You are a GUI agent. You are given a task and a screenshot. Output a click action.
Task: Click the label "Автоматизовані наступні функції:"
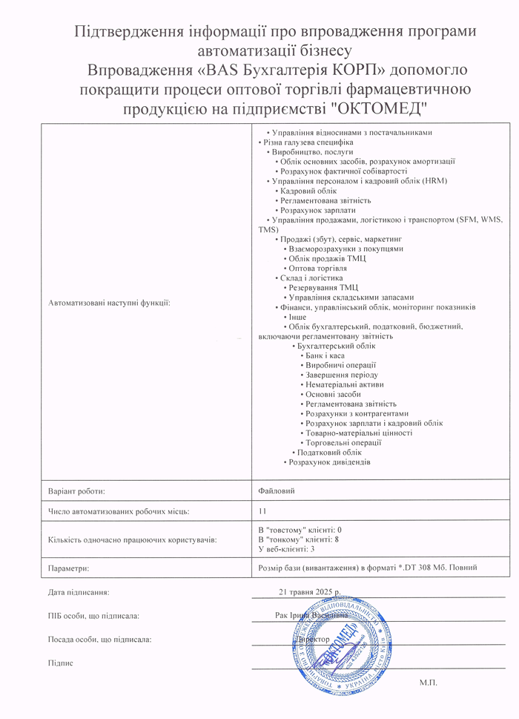point(108,303)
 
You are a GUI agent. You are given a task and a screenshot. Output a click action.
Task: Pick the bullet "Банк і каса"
point(326,355)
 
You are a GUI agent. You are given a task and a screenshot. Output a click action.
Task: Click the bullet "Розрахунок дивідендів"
point(329,462)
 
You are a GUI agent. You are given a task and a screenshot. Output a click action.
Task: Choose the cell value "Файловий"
point(274,490)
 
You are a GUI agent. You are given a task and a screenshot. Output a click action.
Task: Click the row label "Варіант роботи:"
point(76,491)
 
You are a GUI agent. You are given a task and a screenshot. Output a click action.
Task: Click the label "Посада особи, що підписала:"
point(100,639)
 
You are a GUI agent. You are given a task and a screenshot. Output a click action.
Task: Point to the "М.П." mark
point(429,681)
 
